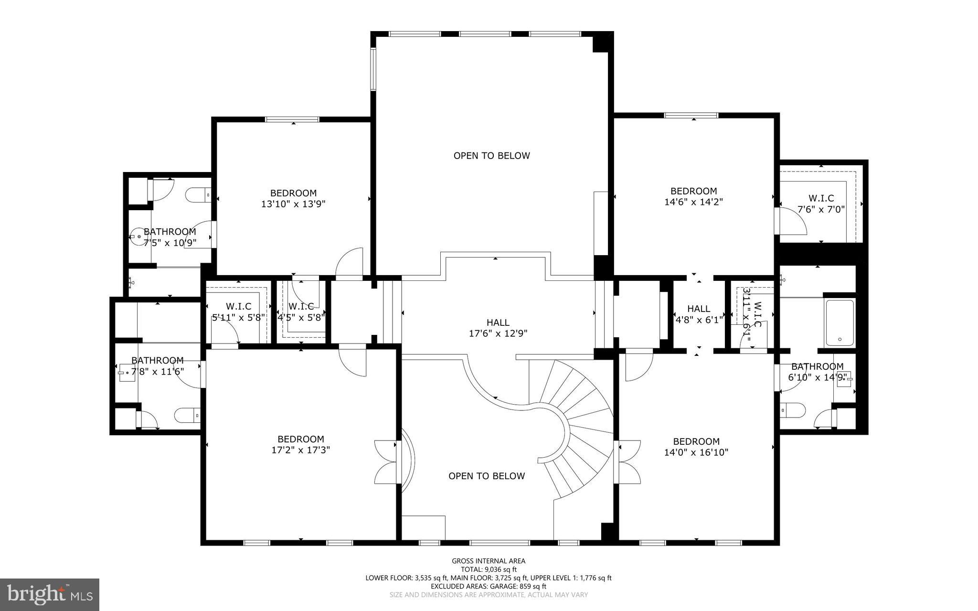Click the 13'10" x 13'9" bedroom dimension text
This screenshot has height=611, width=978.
[293, 204]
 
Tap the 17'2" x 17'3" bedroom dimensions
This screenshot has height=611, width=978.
[300, 450]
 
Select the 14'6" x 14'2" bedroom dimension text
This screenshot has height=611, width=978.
[693, 202]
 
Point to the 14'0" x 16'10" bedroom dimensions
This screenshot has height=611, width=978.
[696, 452]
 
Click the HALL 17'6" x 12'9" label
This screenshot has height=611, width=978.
[498, 328]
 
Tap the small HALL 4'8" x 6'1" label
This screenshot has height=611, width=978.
[699, 314]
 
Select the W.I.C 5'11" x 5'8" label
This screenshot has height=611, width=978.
[238, 311]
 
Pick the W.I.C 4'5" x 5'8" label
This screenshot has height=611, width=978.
[301, 311]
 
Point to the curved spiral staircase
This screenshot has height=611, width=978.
[578, 420]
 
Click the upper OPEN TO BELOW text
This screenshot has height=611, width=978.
[491, 156]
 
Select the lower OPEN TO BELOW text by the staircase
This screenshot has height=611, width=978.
[486, 476]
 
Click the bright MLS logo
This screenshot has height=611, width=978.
[50, 594]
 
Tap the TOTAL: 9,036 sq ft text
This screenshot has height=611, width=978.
[489, 569]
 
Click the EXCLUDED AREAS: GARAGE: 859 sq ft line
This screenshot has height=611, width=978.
[489, 586]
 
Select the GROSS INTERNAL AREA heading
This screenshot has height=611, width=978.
[489, 561]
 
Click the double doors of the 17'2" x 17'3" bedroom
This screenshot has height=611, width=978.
[386, 461]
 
